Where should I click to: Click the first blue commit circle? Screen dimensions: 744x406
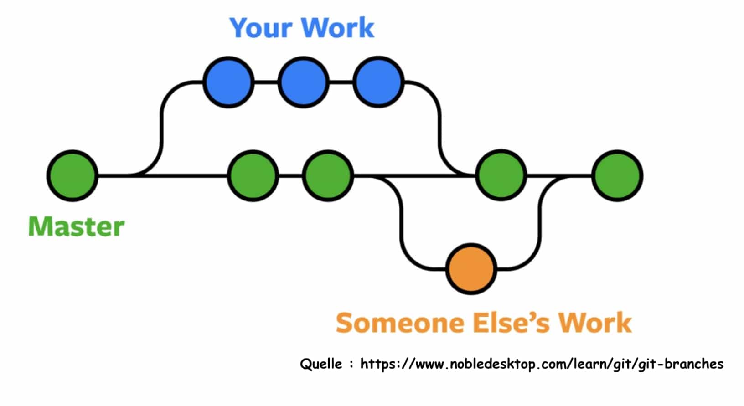pos(228,82)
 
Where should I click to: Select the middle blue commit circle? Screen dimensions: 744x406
pos(303,82)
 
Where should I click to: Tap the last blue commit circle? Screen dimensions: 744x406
pos(378,82)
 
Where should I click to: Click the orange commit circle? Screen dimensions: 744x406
pos(471,269)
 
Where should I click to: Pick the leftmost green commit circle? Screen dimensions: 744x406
pos(72,175)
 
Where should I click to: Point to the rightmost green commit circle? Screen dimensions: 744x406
pos(617,175)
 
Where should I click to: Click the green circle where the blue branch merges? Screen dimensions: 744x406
pos(501,175)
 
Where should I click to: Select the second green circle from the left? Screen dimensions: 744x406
pos(253,175)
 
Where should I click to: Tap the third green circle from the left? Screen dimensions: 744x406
pos(328,175)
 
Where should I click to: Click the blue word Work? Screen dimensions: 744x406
pos(338,27)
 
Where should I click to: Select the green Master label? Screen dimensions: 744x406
pos(77,226)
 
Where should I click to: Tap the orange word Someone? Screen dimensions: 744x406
pos(400,323)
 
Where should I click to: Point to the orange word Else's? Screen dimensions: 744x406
pos(511,322)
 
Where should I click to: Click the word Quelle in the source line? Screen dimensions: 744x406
pos(321,364)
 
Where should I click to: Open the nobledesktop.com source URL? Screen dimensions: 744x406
pos(542,364)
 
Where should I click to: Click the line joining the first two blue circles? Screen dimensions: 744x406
pos(266,82)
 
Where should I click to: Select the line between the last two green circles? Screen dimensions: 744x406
pos(559,175)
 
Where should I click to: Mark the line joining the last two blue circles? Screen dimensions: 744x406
pos(341,82)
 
